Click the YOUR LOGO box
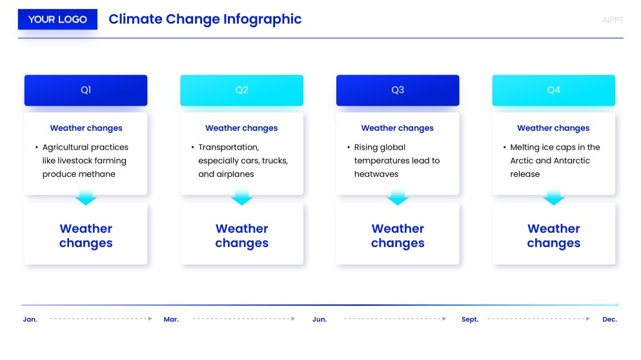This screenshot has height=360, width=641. (57, 19)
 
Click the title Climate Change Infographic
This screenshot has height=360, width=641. (205, 19)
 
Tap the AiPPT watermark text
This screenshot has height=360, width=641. (612, 20)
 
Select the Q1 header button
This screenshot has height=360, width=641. (86, 90)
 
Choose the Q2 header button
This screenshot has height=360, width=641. (241, 90)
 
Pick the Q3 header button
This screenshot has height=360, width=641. (398, 90)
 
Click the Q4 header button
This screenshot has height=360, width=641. (553, 90)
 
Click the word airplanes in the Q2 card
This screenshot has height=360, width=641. (235, 174)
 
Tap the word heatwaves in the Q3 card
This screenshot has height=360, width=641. (376, 174)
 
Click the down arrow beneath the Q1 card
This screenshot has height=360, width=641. (86, 197)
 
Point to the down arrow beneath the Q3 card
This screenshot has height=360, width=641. (398, 197)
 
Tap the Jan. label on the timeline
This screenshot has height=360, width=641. (30, 319)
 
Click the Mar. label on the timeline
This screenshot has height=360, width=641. (171, 319)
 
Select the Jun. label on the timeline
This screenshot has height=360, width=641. (320, 319)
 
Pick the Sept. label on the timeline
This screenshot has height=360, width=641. (470, 319)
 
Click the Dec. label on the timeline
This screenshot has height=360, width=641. (609, 319)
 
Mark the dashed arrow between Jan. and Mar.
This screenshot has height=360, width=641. (101, 319)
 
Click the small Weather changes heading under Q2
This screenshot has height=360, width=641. (241, 128)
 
